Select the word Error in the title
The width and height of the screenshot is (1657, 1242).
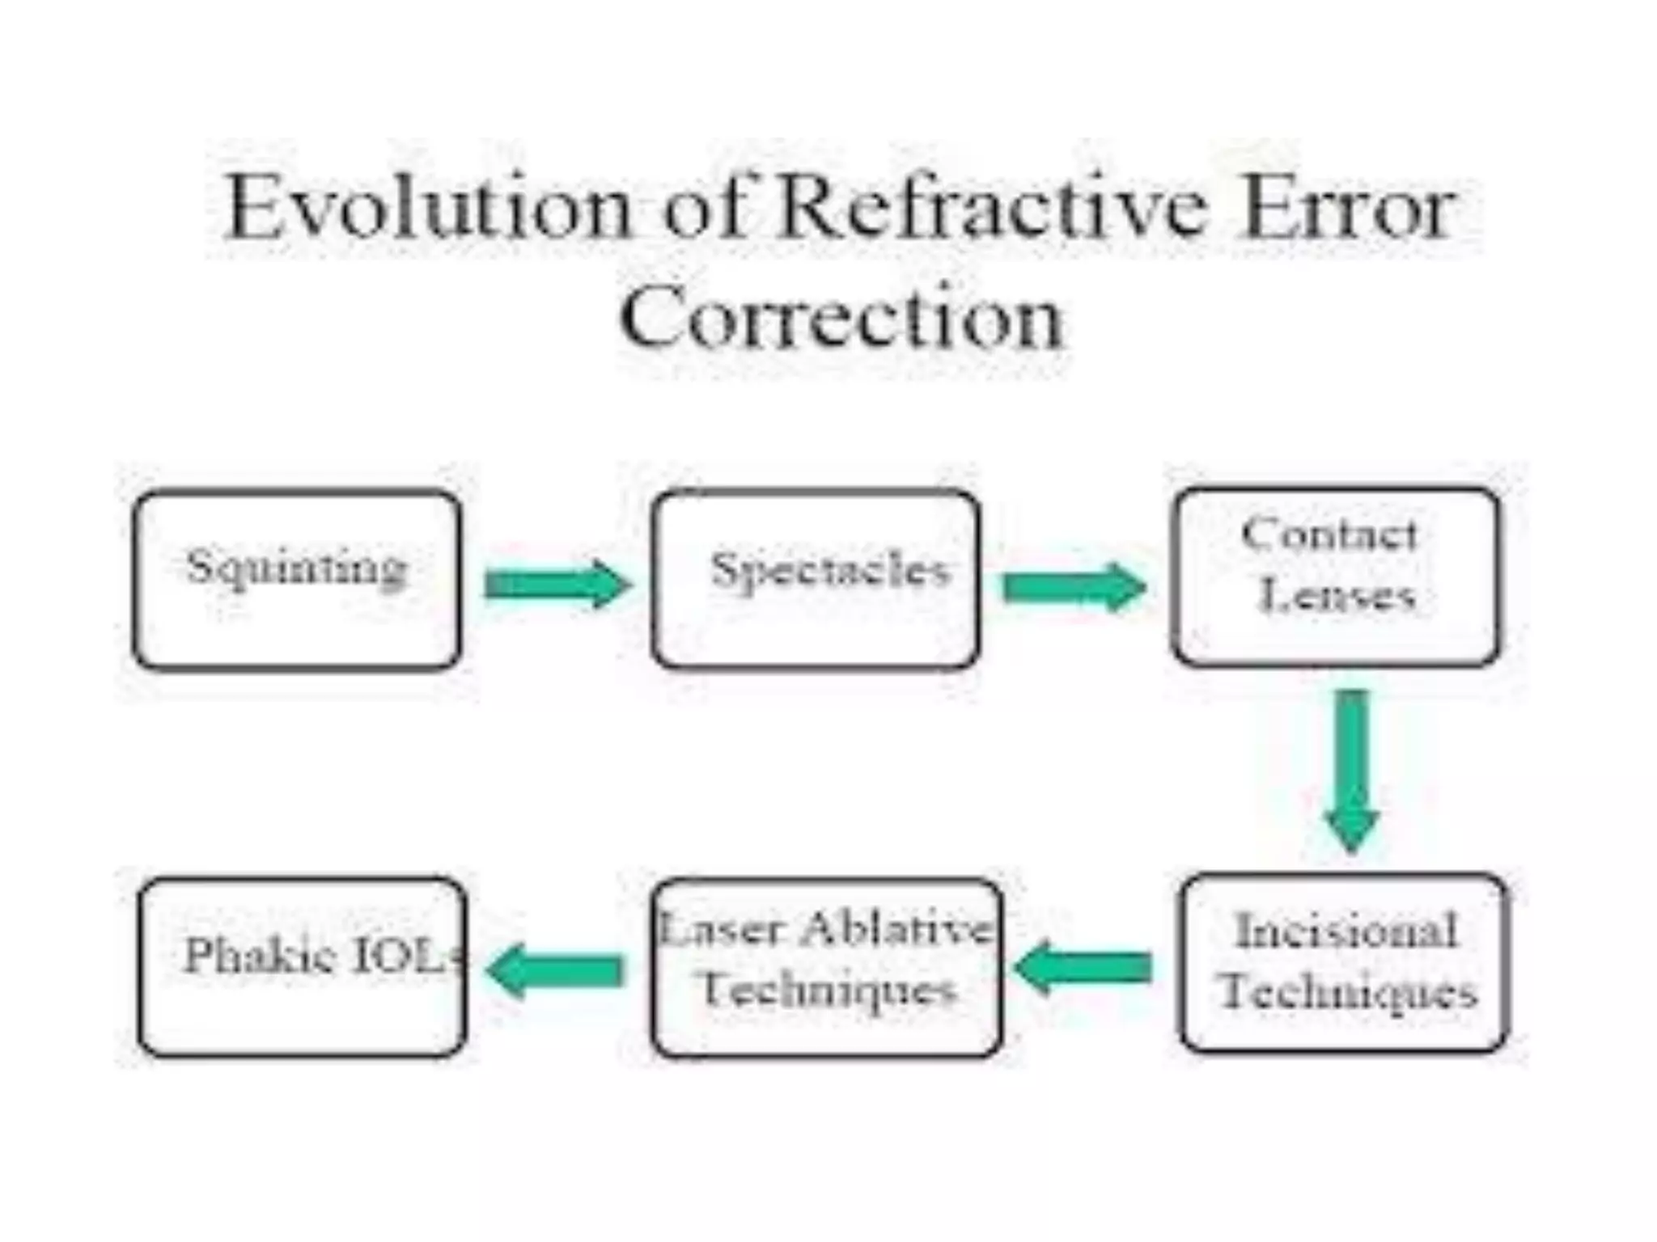click(1347, 209)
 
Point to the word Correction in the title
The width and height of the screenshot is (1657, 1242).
click(841, 317)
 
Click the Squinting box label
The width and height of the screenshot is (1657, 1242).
click(297, 567)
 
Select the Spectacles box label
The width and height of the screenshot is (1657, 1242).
click(828, 570)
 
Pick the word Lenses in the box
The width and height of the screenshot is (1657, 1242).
click(1338, 597)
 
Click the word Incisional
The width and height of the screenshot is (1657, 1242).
click(1346, 931)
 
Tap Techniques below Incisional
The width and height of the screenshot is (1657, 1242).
click(1348, 991)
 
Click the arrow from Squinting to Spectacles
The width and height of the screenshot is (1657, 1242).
click(557, 584)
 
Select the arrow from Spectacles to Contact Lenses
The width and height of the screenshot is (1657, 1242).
click(1074, 587)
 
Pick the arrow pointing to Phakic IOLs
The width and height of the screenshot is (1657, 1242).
click(555, 971)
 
